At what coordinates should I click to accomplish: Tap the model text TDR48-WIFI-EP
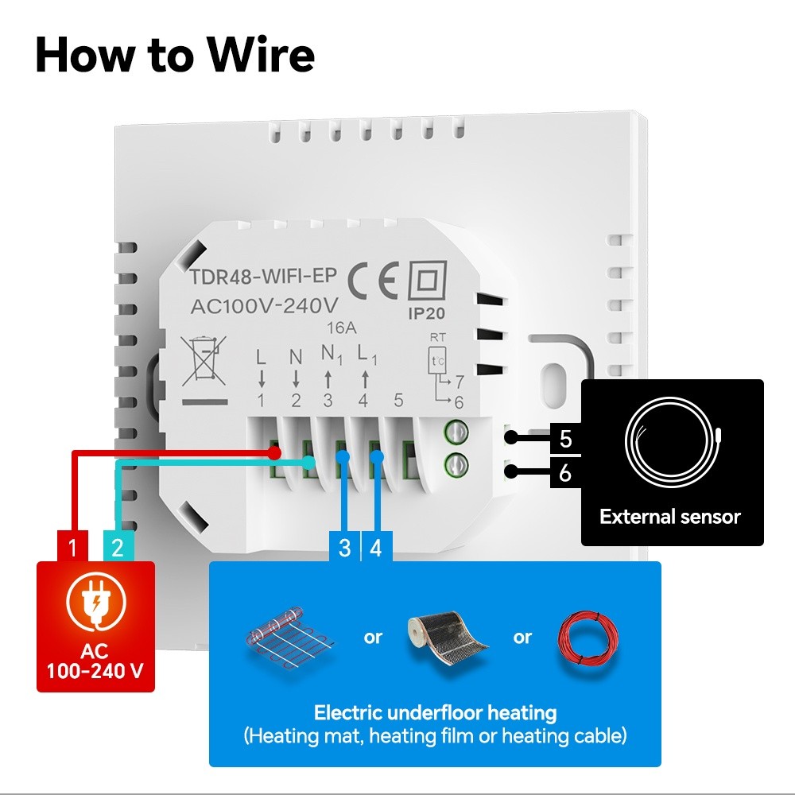[x=263, y=277]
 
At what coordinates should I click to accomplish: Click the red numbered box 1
[x=72, y=547]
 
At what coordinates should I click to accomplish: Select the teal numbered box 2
[x=118, y=547]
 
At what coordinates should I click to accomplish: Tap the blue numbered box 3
[x=344, y=547]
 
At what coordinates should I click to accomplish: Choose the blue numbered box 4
[x=376, y=547]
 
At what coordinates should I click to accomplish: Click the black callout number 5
[x=565, y=439]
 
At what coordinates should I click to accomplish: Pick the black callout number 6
[x=565, y=473]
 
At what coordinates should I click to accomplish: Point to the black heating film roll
[x=447, y=638]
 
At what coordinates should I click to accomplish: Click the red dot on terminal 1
[x=273, y=452]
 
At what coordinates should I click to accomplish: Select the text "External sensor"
[x=670, y=517]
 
